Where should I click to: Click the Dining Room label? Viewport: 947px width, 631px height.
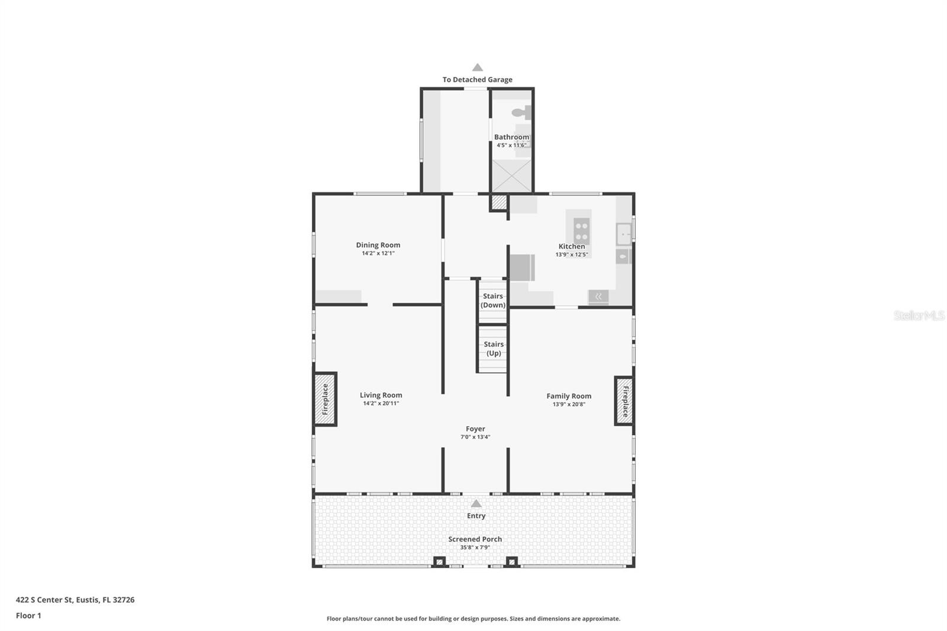click(378, 244)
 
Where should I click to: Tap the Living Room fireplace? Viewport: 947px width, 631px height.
click(325, 399)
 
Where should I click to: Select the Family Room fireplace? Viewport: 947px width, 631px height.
click(624, 401)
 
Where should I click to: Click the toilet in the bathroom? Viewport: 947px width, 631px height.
click(521, 112)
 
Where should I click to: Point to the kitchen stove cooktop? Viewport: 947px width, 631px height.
click(581, 230)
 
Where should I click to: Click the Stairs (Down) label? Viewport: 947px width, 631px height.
click(492, 300)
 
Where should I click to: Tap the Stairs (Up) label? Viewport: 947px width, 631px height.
click(493, 348)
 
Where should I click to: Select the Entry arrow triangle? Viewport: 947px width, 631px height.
click(476, 504)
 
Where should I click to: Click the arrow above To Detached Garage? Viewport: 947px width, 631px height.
click(477, 67)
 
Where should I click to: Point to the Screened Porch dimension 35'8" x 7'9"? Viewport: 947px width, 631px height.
click(475, 548)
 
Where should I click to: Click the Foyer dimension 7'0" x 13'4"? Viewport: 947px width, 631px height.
click(475, 437)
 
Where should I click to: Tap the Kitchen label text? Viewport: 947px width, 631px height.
click(572, 246)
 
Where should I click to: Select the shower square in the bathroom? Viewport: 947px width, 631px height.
click(512, 176)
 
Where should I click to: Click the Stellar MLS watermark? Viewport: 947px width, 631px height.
click(919, 315)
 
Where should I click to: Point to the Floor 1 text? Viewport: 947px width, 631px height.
click(28, 616)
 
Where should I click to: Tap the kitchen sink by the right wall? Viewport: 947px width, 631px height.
click(623, 234)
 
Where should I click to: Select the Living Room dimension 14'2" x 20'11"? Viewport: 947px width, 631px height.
click(381, 403)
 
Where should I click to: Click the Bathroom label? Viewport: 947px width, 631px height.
click(511, 137)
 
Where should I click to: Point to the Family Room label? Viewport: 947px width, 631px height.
click(569, 396)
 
